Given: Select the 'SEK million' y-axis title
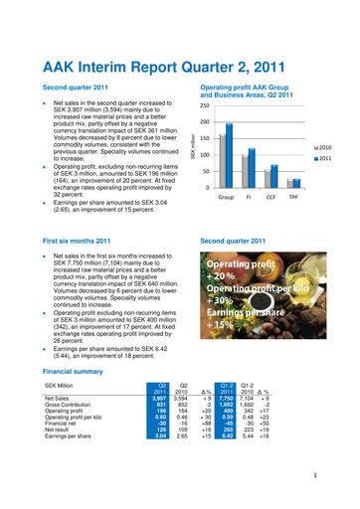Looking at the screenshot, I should [196, 147].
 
